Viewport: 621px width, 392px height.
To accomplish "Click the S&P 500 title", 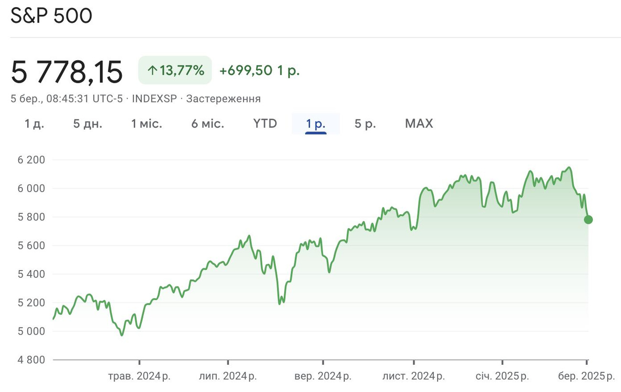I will (x=52, y=16).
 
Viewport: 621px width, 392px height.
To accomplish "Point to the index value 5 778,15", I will (x=66, y=72).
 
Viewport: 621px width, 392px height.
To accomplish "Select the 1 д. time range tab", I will (x=34, y=124).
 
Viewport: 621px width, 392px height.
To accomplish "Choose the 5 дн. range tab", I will (x=88, y=124).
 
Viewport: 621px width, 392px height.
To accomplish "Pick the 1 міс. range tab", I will (x=147, y=124).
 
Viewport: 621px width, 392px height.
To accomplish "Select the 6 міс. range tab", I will (x=208, y=124).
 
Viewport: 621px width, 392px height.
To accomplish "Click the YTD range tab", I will (x=265, y=124).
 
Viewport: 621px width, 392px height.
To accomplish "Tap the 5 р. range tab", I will (x=365, y=124).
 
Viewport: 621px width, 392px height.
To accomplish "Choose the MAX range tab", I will (x=419, y=124).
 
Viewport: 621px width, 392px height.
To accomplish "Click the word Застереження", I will (x=224, y=99).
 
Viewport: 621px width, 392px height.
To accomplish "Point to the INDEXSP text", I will (x=154, y=99).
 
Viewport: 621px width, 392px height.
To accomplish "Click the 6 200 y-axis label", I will (x=31, y=160).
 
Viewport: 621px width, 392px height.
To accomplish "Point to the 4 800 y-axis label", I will (x=31, y=359).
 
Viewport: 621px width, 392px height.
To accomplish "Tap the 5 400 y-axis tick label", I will (x=31, y=274).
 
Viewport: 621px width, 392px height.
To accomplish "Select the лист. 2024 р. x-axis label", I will (x=414, y=376).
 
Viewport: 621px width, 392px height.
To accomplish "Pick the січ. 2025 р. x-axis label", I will (x=502, y=376).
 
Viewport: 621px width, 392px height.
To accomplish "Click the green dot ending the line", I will (x=588, y=219).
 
